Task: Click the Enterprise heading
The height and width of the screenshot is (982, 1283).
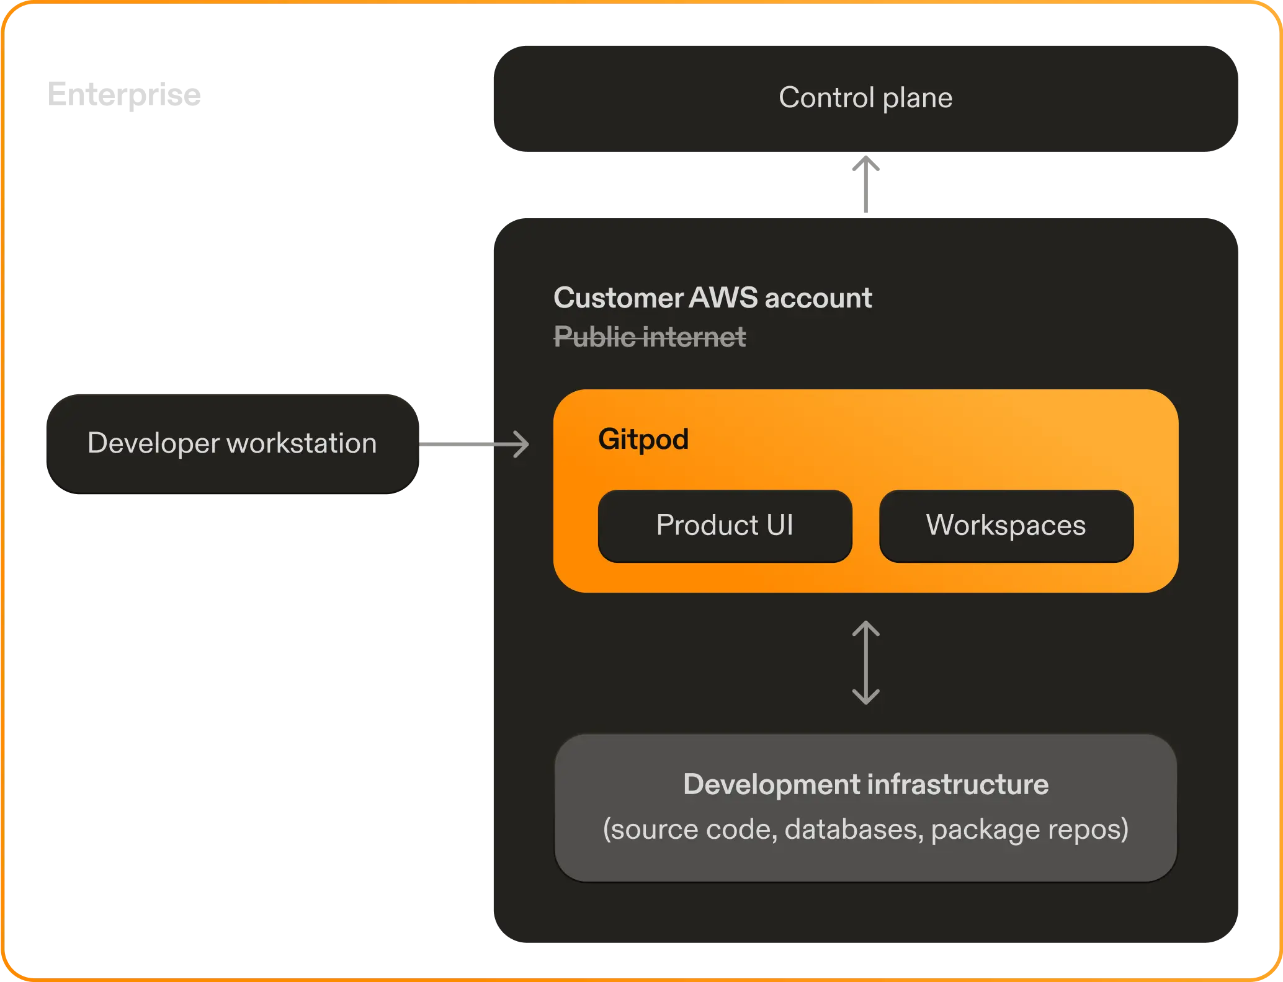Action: [x=124, y=95]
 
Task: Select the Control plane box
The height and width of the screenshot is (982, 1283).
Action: [x=865, y=98]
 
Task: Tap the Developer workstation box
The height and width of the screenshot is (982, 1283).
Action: [x=232, y=443]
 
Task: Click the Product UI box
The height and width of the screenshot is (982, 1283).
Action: [x=725, y=526]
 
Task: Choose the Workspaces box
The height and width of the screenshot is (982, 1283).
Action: [x=1006, y=526]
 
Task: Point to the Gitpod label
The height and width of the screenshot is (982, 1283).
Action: [x=643, y=439]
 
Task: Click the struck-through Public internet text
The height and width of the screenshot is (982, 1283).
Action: [x=650, y=337]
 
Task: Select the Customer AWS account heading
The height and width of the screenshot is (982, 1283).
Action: [x=712, y=298]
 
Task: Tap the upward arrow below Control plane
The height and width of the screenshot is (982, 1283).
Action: [x=865, y=184]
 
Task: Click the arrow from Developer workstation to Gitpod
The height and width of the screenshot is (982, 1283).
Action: [x=474, y=444]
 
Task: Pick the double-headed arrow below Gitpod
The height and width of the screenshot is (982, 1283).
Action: [x=865, y=663]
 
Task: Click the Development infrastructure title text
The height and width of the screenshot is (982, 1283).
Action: [x=865, y=784]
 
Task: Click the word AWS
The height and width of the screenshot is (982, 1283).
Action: [x=723, y=298]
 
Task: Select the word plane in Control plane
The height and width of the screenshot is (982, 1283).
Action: [x=918, y=98]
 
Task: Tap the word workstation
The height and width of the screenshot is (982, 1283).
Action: [x=302, y=443]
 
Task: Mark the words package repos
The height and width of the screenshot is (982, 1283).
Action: [x=1029, y=829]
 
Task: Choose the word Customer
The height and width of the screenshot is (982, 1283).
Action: [x=618, y=298]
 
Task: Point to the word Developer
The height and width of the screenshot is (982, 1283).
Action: [x=153, y=443]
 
